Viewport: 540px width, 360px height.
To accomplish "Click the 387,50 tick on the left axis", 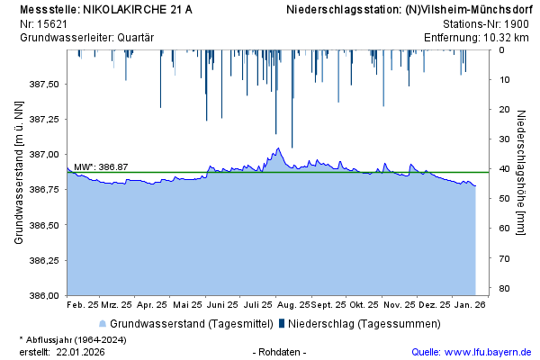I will (x=45, y=84).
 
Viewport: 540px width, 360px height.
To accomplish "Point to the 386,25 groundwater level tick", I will (x=45, y=260).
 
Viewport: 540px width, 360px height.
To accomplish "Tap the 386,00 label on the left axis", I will (x=45, y=295).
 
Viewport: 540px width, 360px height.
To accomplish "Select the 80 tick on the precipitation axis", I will (x=505, y=288).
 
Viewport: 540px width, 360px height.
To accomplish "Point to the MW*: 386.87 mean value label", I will (x=101, y=167).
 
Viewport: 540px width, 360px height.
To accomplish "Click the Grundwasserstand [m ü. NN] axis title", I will (x=19, y=173).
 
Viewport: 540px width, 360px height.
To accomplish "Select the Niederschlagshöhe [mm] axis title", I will (x=522, y=173).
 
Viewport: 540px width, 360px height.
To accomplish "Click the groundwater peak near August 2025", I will (x=278, y=148).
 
